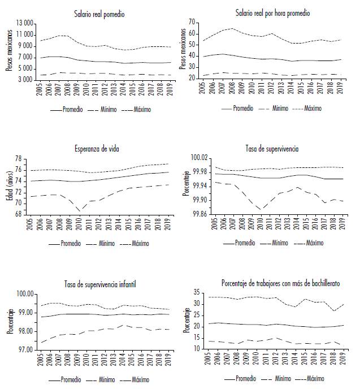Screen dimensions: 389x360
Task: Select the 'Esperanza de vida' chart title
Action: (99, 149)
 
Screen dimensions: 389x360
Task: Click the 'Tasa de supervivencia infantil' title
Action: (99, 284)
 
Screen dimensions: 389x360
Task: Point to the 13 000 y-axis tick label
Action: (25, 23)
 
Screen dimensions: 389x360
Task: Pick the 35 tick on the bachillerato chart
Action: (204, 292)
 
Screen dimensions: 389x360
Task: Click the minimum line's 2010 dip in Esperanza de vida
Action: (79, 210)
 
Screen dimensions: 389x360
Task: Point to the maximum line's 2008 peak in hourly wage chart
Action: (232, 28)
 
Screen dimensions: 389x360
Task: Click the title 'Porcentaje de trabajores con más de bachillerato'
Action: (280, 284)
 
